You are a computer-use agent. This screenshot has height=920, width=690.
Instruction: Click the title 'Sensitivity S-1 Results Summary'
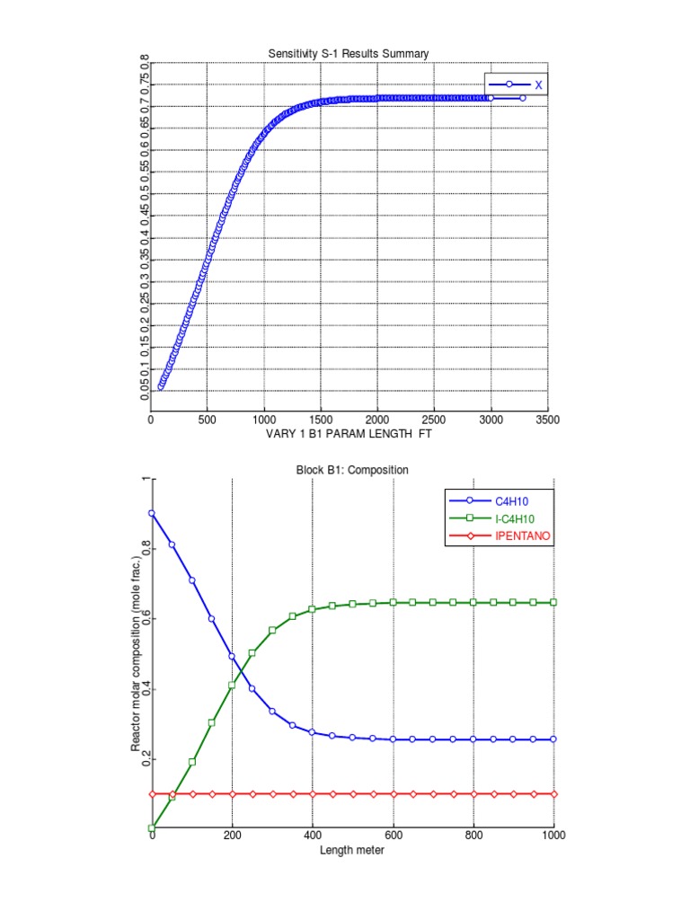[x=349, y=54]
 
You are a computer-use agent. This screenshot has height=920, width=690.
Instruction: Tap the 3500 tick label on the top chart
[x=547, y=419]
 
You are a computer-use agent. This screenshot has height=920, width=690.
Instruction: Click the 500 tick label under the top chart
[x=208, y=419]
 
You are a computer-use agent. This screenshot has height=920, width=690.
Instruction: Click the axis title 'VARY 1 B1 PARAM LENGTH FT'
[x=349, y=433]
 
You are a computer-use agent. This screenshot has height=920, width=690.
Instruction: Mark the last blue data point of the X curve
[x=522, y=98]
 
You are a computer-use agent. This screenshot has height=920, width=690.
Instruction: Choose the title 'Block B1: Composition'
[x=352, y=470]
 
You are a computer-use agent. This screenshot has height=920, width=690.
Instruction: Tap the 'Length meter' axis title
[x=352, y=850]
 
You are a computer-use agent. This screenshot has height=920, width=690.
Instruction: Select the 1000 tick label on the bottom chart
[x=553, y=837]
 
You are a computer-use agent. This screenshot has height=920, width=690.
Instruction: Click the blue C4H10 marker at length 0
[x=152, y=513]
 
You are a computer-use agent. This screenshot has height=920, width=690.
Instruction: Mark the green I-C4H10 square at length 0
[x=152, y=827]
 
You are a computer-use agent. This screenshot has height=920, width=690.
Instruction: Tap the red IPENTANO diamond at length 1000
[x=553, y=794]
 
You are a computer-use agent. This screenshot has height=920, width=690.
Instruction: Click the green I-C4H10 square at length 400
[x=313, y=609]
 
